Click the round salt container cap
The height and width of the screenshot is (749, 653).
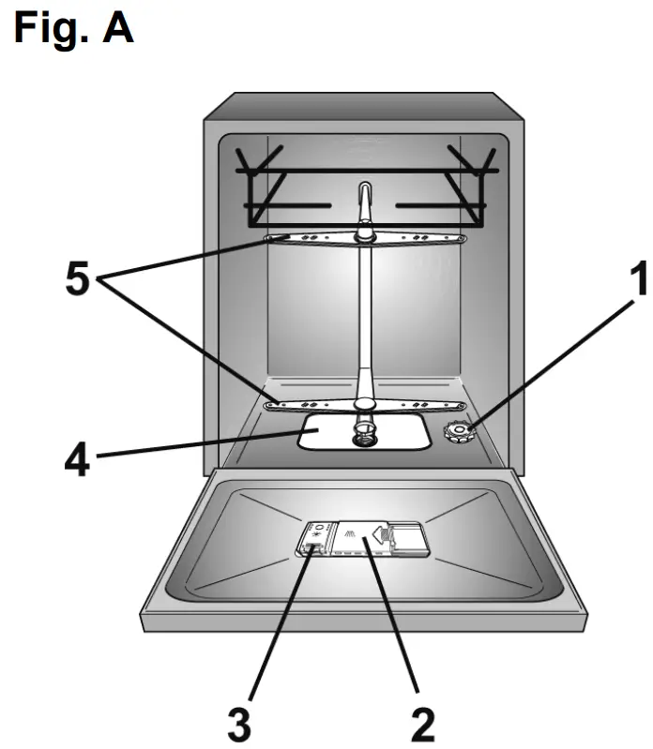click(458, 433)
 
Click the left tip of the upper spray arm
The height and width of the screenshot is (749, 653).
click(269, 239)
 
